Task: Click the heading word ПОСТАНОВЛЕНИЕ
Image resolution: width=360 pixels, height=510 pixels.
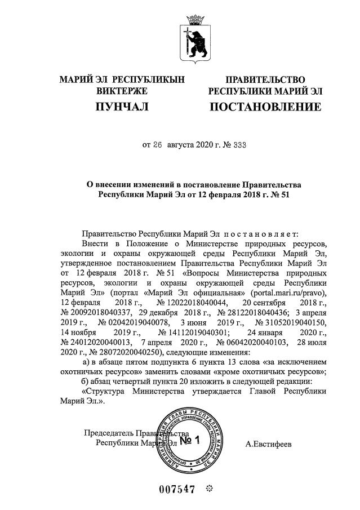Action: [265, 107]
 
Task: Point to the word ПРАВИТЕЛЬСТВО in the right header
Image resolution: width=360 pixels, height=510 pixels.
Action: [265, 79]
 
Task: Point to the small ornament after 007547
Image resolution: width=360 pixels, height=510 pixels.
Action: [208, 489]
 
